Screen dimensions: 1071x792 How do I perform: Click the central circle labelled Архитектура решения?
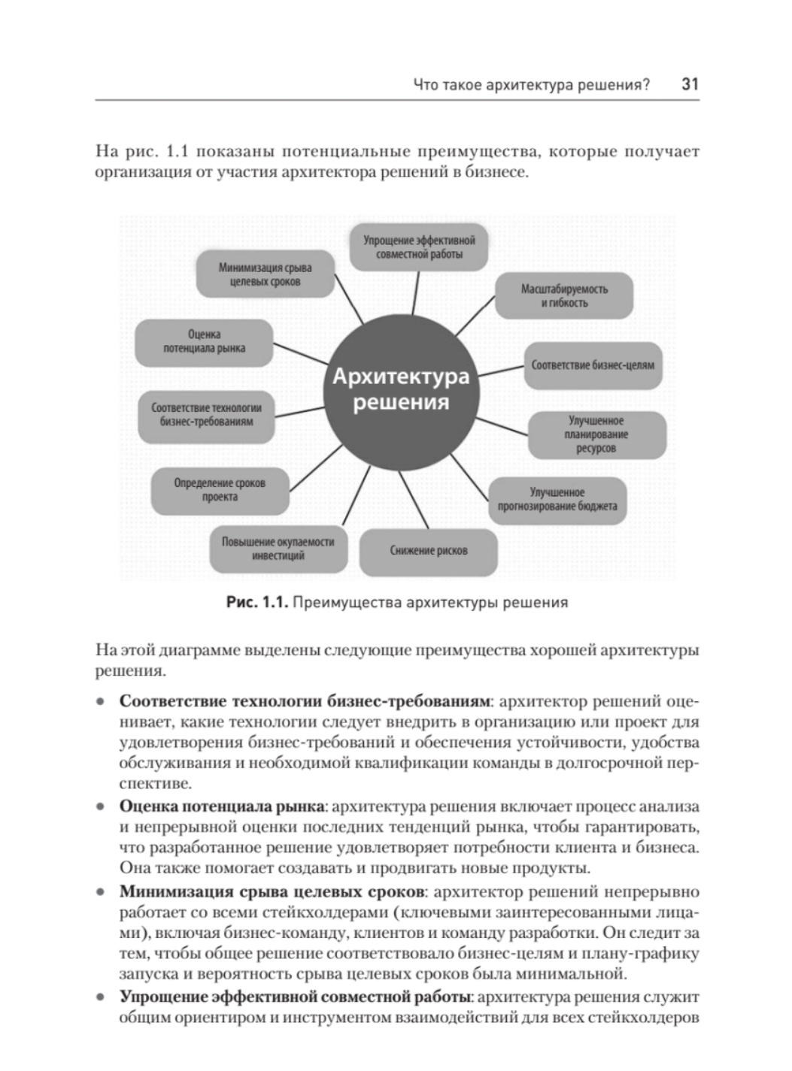(x=400, y=389)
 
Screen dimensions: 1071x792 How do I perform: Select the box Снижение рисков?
(x=428, y=551)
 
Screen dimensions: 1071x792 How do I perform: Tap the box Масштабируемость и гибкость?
(x=564, y=296)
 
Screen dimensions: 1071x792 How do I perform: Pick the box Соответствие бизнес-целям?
(x=593, y=366)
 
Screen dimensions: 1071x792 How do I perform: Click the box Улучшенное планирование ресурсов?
(x=596, y=434)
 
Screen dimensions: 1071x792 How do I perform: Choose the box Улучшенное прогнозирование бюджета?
(x=557, y=500)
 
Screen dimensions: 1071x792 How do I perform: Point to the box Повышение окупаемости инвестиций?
(x=278, y=549)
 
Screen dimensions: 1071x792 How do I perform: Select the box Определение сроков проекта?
(x=220, y=490)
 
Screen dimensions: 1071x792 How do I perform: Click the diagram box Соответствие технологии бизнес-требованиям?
(x=206, y=414)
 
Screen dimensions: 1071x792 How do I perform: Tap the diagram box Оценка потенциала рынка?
(x=204, y=342)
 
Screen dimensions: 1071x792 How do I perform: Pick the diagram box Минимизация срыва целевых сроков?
(x=265, y=274)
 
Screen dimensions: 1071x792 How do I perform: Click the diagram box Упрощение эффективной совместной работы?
(x=419, y=247)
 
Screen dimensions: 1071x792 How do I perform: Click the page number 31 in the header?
(x=690, y=84)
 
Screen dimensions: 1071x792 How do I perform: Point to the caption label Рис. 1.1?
(x=256, y=602)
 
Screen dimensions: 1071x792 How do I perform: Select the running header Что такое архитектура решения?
(x=531, y=85)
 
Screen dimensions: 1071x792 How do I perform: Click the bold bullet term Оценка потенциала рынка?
(x=222, y=806)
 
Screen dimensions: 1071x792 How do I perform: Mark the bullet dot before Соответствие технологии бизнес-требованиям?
(x=100, y=702)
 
